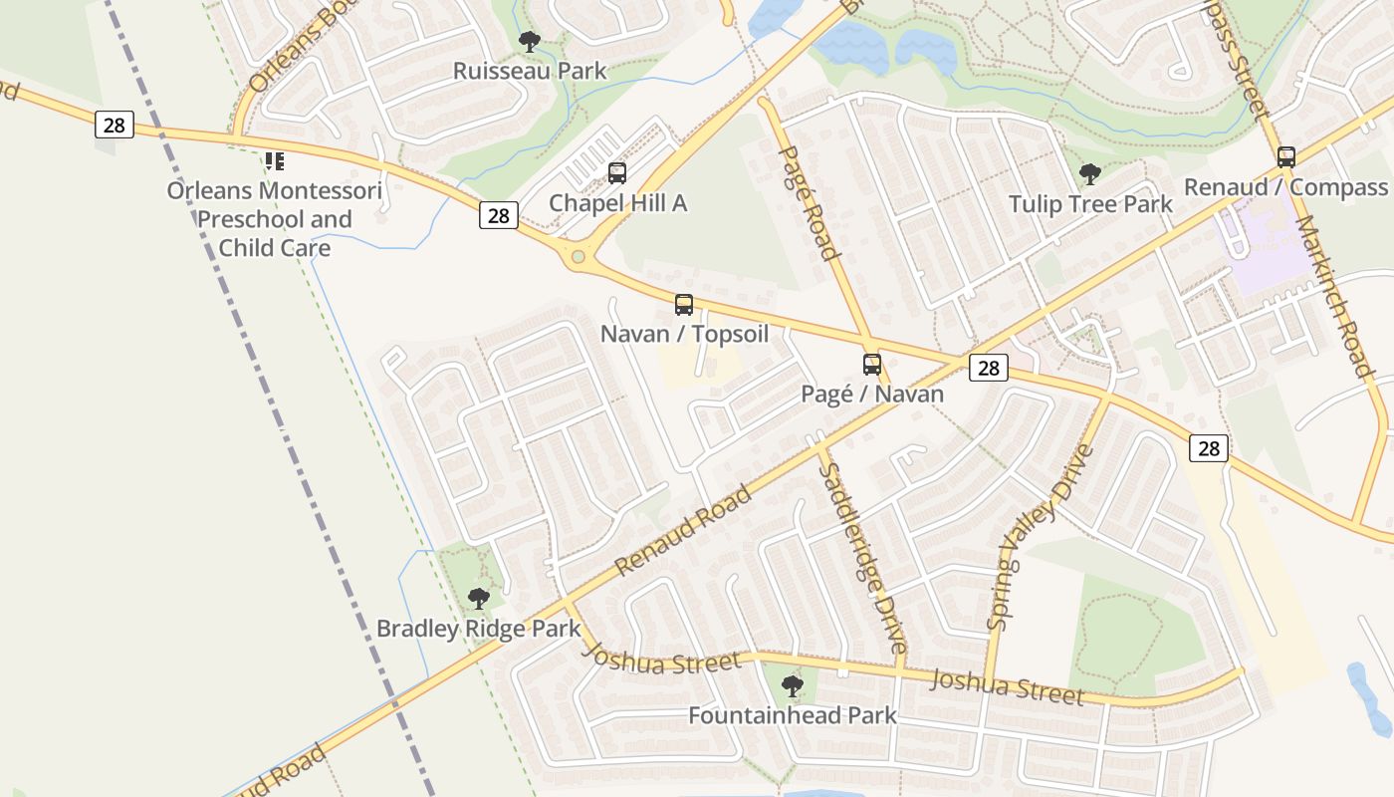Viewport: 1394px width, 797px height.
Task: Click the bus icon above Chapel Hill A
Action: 617,173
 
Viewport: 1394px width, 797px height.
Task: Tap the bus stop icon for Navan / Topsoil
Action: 684,305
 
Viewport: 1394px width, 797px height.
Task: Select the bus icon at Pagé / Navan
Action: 872,365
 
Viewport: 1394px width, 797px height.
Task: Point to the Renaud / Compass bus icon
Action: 1286,156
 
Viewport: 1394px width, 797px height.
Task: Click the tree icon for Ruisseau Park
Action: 530,42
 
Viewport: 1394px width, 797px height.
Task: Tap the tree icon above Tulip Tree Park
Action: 1090,174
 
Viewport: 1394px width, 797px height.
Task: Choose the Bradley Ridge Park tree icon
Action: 479,599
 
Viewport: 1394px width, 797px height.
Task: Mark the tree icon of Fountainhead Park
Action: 793,685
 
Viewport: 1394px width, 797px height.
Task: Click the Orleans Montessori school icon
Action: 275,160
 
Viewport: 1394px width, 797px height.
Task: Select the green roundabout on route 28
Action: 579,257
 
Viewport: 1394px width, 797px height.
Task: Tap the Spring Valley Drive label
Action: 1040,538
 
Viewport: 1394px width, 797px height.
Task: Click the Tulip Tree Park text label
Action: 1090,204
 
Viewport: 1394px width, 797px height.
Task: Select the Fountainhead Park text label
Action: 793,715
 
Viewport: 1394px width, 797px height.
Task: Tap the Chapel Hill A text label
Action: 618,203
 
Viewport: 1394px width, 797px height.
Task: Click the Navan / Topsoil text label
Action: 684,334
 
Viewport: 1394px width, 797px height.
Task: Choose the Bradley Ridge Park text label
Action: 478,629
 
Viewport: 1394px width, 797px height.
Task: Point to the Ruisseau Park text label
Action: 530,71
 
